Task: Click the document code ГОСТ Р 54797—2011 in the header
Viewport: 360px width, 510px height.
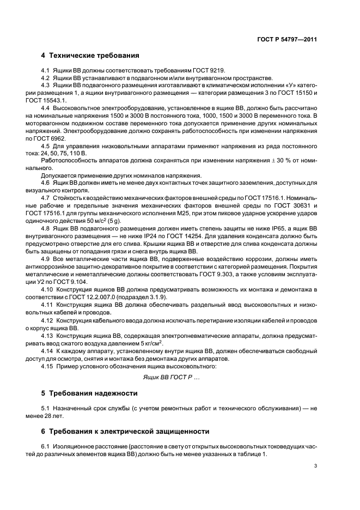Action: (288, 39)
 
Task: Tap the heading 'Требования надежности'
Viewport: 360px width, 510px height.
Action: (94, 393)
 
